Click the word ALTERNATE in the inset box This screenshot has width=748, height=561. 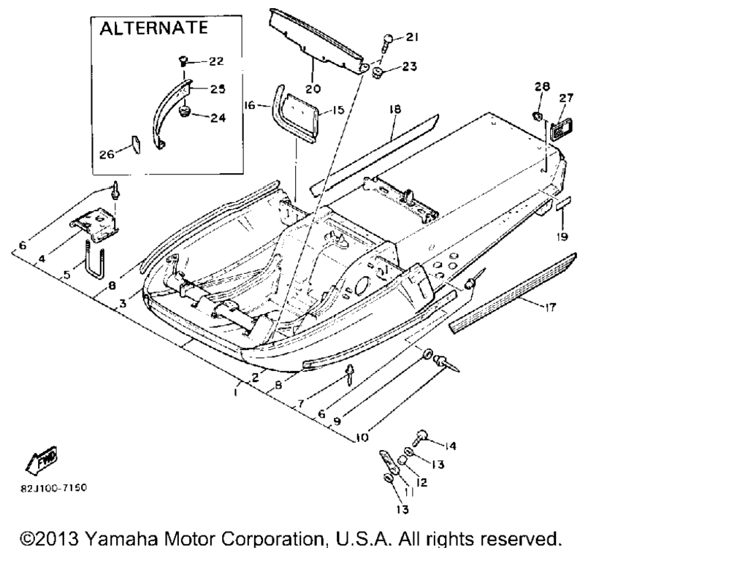point(153,28)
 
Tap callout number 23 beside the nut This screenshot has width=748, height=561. point(409,66)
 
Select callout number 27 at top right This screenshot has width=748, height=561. point(567,99)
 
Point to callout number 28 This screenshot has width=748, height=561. point(541,87)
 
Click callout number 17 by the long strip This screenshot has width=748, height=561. point(550,307)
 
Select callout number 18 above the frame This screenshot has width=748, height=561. point(394,109)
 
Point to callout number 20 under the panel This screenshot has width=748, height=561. point(313,89)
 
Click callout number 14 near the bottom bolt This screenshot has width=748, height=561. point(450,446)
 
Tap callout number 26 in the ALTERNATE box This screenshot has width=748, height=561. point(107,154)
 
